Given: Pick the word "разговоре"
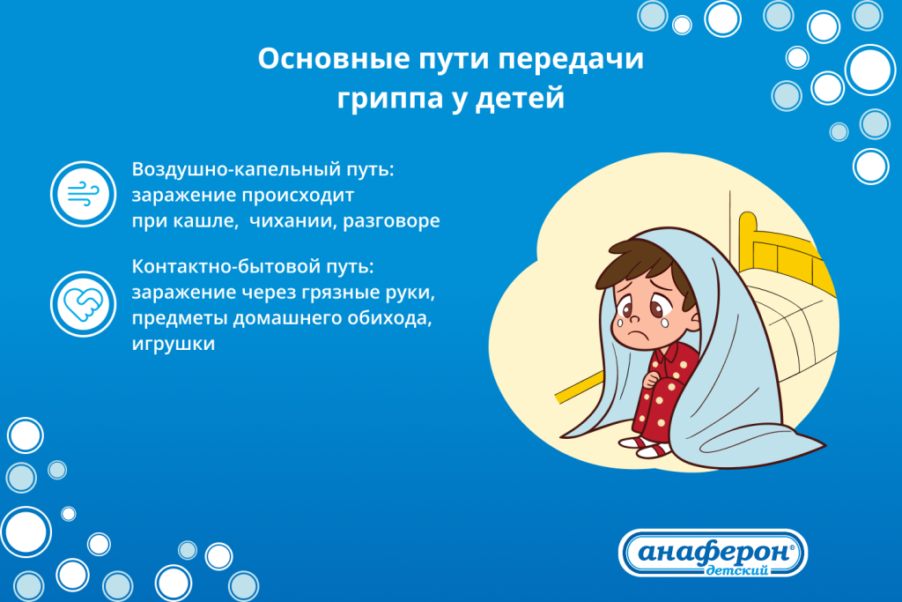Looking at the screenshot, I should tap(393, 220).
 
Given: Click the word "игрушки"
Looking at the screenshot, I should tap(173, 345).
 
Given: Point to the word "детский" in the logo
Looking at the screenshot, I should tap(736, 571).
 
